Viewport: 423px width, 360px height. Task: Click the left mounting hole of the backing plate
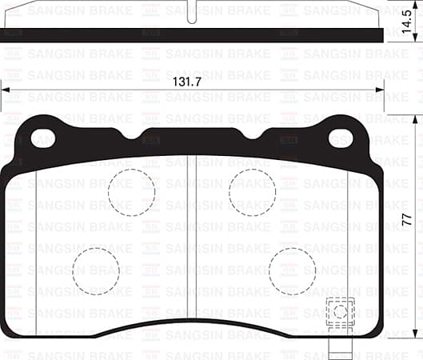(x=42, y=138)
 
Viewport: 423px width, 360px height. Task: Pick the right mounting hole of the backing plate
(x=341, y=138)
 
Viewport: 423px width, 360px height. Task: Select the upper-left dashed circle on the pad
(x=131, y=192)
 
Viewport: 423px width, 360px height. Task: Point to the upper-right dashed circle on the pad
(x=252, y=192)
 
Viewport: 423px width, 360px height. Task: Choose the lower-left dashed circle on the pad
(x=95, y=270)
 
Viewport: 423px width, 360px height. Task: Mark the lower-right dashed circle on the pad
(x=292, y=270)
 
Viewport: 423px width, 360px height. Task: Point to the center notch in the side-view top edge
(x=192, y=14)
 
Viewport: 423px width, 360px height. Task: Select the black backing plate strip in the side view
(x=192, y=35)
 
